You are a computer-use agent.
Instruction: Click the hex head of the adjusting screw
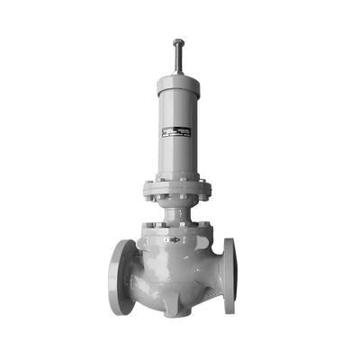coord(178,42)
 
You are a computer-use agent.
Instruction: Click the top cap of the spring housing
coord(178,80)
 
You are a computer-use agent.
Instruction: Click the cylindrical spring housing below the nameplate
coord(178,157)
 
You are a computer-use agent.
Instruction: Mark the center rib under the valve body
coord(177,306)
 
